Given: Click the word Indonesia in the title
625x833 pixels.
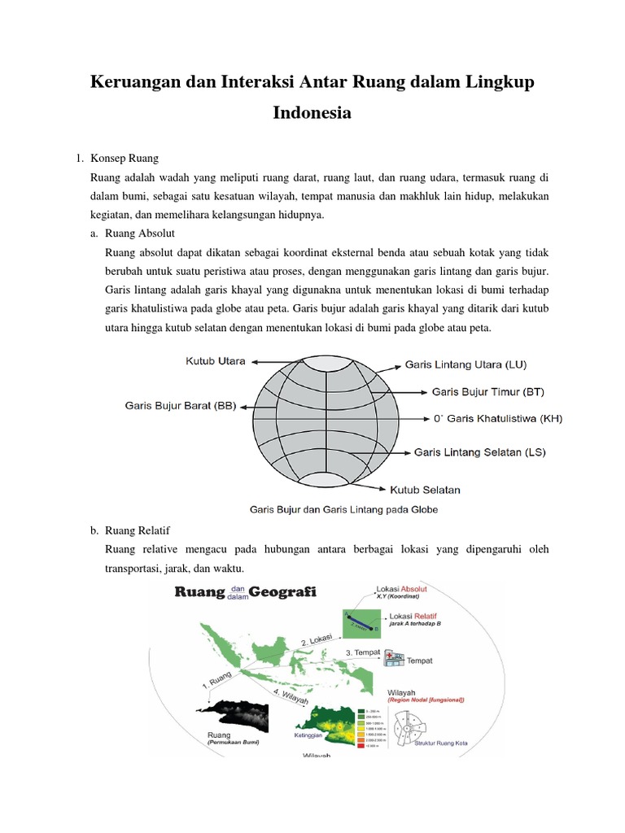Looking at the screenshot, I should click(312, 112).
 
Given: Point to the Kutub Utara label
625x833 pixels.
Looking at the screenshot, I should click(215, 360).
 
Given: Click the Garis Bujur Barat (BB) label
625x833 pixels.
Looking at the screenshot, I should click(181, 405).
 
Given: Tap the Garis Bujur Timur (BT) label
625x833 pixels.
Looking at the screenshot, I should click(487, 391).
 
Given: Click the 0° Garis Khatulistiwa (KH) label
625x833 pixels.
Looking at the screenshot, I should click(498, 419).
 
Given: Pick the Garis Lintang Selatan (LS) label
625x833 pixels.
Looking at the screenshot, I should click(480, 451).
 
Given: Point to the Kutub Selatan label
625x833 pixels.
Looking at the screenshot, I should click(425, 490).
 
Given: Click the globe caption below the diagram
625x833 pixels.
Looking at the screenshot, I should click(343, 509).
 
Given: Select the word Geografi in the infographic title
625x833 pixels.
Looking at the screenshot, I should click(284, 591).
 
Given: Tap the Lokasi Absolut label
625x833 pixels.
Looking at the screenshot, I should click(401, 588).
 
